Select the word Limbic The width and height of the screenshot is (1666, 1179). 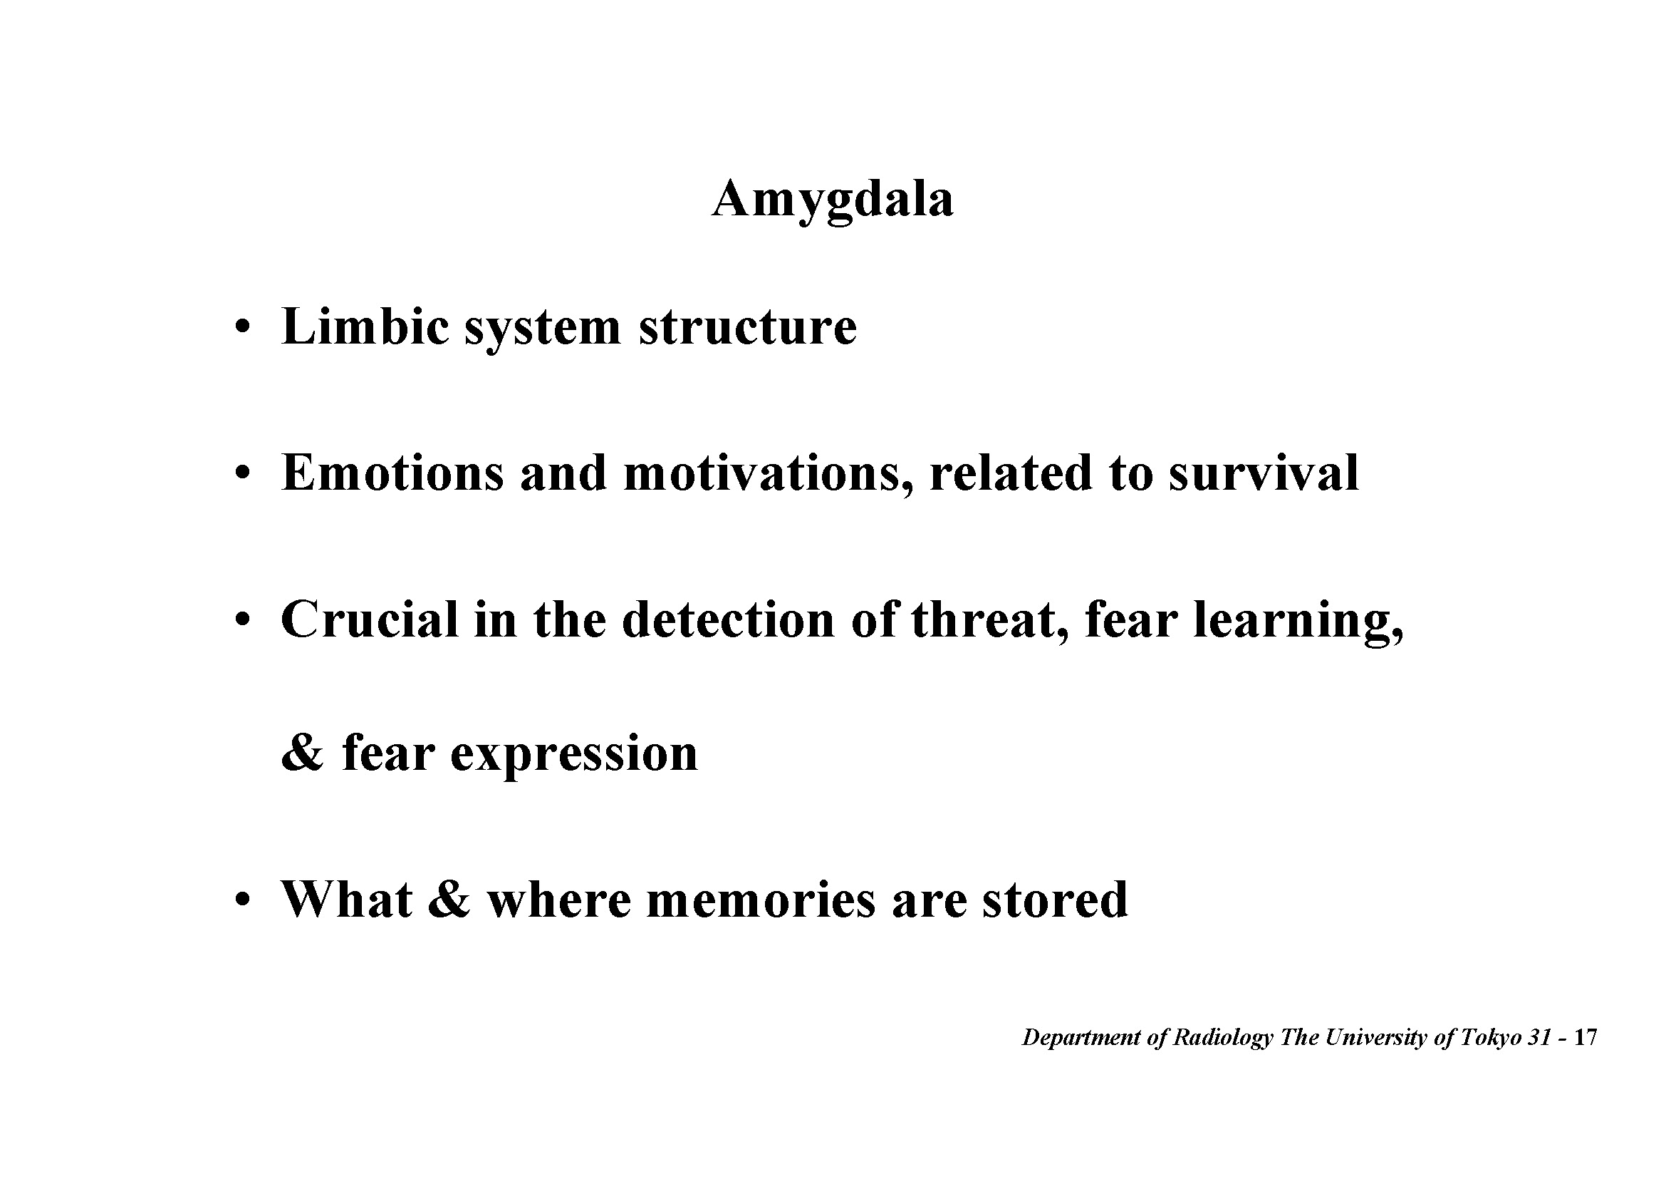pyautogui.click(x=365, y=326)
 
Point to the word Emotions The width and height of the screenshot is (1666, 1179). pyautogui.click(x=392, y=473)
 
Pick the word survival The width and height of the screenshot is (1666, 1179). pyautogui.click(x=1264, y=473)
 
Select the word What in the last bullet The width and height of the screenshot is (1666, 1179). pyautogui.click(x=347, y=900)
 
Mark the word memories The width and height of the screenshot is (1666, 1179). pyautogui.click(x=761, y=900)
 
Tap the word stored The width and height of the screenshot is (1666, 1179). pyautogui.click(x=1055, y=900)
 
